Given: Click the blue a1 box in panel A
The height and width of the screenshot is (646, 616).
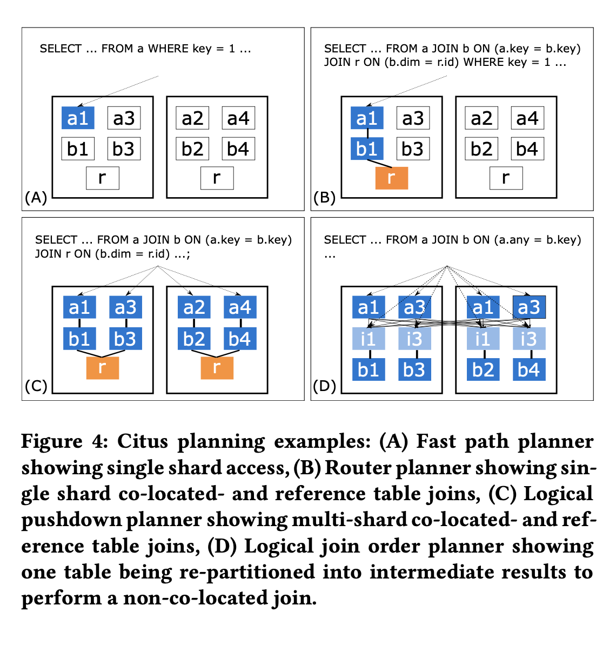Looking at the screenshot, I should (x=78, y=118).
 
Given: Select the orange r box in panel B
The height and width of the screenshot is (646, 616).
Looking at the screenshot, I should (x=391, y=178).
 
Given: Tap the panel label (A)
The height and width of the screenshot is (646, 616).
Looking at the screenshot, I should (x=36, y=198).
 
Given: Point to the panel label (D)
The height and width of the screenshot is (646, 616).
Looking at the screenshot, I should (x=325, y=387).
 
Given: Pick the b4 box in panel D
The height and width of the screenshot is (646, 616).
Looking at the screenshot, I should (x=528, y=370).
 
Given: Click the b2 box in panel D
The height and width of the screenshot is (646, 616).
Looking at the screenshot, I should (x=483, y=370).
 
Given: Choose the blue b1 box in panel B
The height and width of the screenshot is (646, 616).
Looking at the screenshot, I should (x=367, y=149).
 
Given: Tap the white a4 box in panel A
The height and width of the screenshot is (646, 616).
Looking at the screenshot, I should (x=238, y=118).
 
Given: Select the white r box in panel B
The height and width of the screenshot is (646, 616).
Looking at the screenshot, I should (x=506, y=178).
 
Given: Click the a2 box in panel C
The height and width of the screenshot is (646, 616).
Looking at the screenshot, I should (x=194, y=307).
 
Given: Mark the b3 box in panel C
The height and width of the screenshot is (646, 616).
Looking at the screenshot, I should (x=125, y=339).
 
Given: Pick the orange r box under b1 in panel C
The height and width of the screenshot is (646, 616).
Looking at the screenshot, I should (x=102, y=368).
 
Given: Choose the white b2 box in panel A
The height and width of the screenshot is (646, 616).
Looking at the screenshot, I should (x=192, y=149).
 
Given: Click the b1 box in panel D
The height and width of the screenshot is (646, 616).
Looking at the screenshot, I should (x=369, y=370).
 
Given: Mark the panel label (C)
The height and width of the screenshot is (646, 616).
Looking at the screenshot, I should (x=36, y=387).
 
